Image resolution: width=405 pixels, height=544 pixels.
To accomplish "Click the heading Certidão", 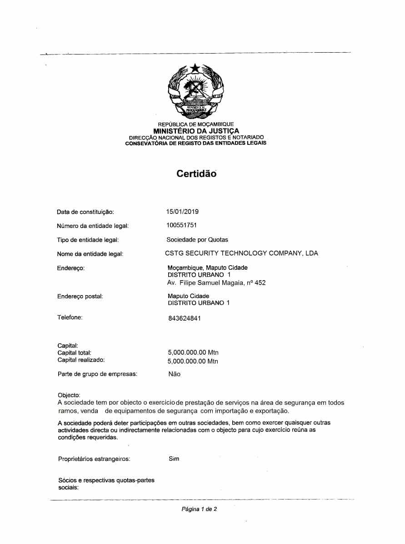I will click(196, 173).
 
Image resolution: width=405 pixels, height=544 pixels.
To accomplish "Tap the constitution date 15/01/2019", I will click(182, 212).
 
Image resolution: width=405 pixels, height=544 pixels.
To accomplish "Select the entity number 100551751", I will click(182, 225).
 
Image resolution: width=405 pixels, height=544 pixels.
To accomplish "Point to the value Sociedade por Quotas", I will click(197, 239).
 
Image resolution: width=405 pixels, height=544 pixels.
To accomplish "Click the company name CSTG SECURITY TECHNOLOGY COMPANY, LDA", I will click(241, 253).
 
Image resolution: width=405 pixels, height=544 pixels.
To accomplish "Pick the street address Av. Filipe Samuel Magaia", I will click(216, 283).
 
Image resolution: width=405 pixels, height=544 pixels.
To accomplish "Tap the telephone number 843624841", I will click(184, 318).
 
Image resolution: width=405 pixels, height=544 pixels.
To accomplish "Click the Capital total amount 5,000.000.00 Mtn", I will click(193, 352).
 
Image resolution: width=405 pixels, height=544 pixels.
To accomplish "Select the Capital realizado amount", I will click(193, 361).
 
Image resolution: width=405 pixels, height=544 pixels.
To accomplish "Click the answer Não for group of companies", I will click(174, 374).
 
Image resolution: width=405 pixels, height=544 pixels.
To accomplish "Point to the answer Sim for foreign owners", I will click(174, 459).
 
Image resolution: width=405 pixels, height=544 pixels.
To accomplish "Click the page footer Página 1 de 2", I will click(199, 509).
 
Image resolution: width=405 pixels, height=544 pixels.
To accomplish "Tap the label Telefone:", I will click(70, 317).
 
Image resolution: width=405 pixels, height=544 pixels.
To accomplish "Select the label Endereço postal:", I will click(80, 297).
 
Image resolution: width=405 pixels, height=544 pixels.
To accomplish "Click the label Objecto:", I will click(69, 395).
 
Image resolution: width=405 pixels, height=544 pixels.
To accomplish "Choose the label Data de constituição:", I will click(85, 212).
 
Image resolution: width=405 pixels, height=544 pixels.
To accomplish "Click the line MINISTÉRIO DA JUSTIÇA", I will click(196, 131).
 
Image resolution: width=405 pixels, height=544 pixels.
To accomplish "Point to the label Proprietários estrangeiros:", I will click(94, 459).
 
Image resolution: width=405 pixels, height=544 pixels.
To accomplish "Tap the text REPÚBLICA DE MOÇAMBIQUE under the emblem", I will click(196, 124).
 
